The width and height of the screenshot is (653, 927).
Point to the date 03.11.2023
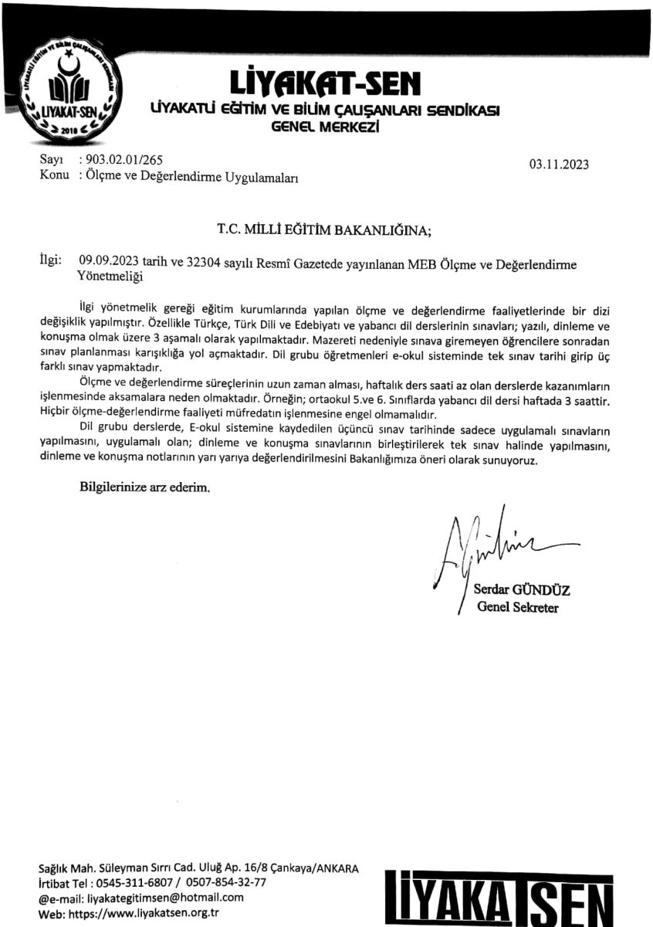tap(558, 163)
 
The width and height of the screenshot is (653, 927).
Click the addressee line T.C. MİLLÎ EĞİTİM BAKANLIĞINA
tap(326, 229)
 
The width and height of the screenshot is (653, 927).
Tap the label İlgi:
tap(50, 260)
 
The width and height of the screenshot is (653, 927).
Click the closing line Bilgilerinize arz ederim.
tap(144, 487)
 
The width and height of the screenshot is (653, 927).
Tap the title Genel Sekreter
tap(516, 606)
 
